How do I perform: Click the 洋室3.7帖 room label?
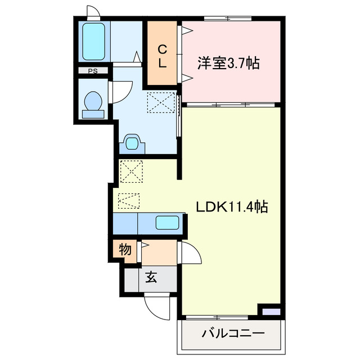pos(228,63)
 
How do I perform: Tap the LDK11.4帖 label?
pos(231,207)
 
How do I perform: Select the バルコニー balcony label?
pos(232,333)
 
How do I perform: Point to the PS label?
pos(91,71)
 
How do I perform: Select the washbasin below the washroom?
pos(132,143)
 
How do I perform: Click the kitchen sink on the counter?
pos(167,222)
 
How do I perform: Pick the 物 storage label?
pos(125,249)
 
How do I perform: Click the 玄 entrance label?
pos(151,277)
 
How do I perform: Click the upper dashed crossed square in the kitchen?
pos(132,171)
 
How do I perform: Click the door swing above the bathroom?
pos(93,12)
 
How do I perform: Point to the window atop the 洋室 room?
pos(228,19)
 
